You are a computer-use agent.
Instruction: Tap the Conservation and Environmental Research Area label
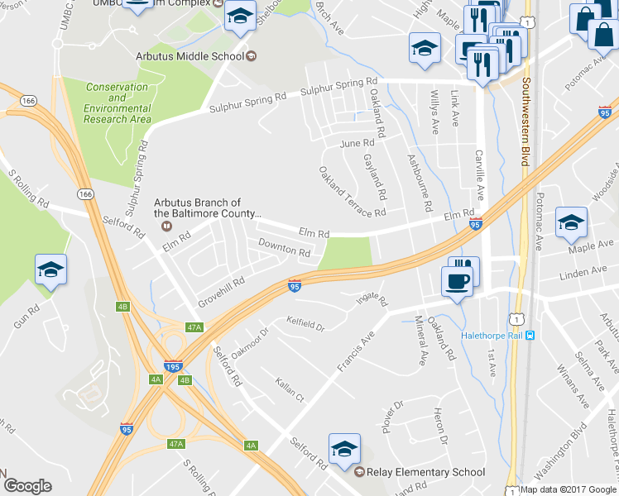coord(118,103)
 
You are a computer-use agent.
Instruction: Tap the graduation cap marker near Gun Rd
coord(50,270)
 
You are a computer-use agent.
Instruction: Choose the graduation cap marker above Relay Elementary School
coord(344,449)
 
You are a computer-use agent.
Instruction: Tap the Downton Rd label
coord(283,247)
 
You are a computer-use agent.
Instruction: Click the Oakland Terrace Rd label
coord(353,192)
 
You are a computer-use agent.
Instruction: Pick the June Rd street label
coord(357,143)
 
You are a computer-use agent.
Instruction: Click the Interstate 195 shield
coord(171,366)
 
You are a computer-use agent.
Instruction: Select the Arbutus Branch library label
coord(209,207)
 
